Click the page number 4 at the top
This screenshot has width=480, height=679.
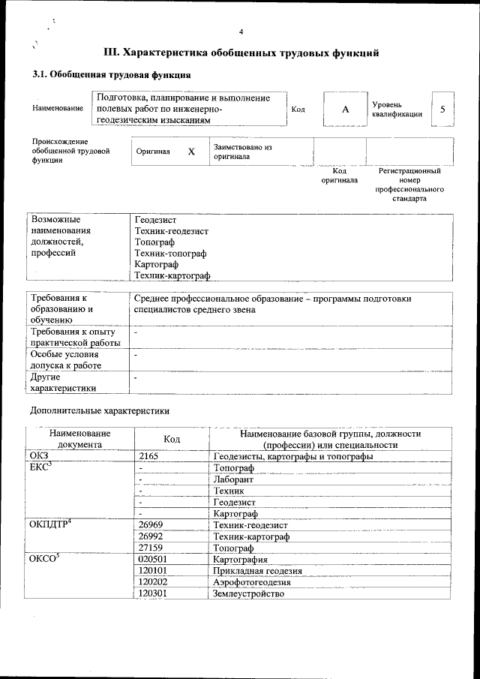[241, 31]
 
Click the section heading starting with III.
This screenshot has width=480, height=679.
[241, 53]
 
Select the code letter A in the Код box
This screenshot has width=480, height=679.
[345, 110]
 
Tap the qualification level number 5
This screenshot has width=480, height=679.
[442, 110]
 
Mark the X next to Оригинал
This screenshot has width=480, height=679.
[191, 152]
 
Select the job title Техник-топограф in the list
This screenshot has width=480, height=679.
[170, 254]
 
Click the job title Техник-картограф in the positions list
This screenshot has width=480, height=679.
[172, 277]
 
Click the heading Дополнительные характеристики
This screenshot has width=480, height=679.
[99, 410]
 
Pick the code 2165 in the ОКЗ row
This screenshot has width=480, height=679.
[151, 456]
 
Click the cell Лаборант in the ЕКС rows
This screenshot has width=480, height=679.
[233, 479]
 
